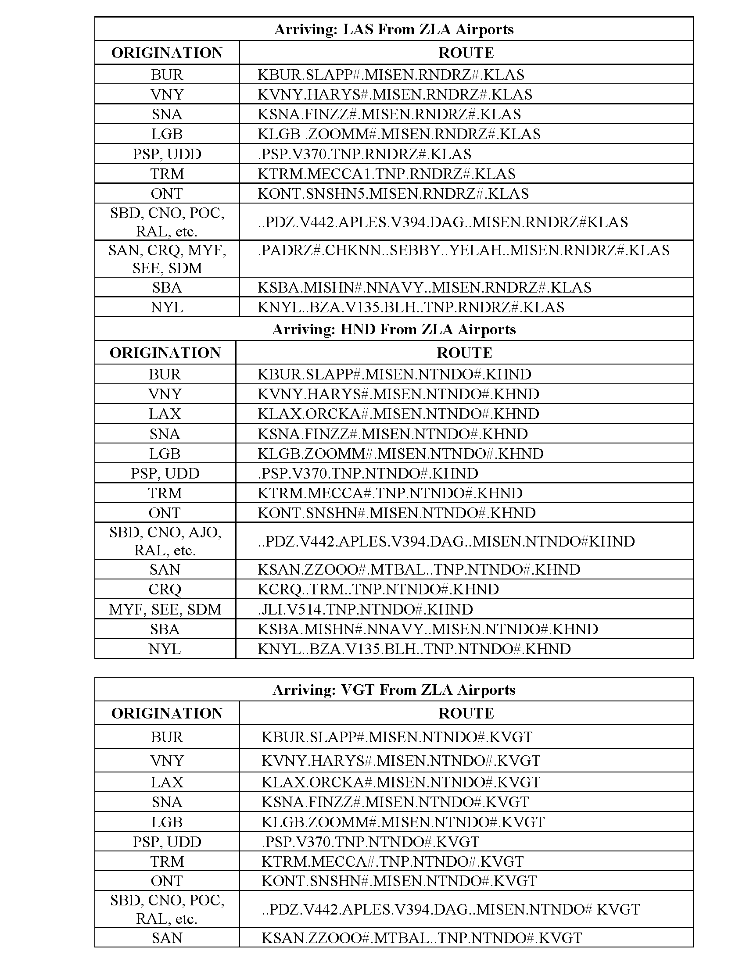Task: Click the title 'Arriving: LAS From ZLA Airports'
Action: point(394,29)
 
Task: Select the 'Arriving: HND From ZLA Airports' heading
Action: point(394,329)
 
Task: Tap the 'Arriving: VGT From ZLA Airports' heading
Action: point(394,690)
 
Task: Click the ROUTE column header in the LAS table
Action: point(466,53)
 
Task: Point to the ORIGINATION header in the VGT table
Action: point(167,713)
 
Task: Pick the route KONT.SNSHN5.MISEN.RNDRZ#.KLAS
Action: point(393,193)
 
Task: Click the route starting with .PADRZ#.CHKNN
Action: point(463,250)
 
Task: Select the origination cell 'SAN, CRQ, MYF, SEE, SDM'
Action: point(167,259)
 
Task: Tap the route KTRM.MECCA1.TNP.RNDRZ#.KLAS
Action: point(387,174)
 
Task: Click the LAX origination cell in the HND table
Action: point(165,414)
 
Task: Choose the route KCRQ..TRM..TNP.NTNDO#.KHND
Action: point(378,589)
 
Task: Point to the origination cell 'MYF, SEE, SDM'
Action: point(165,609)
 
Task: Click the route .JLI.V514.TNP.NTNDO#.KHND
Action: point(365,609)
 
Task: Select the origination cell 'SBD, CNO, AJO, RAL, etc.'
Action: point(165,541)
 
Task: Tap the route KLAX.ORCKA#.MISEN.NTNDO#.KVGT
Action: point(400,782)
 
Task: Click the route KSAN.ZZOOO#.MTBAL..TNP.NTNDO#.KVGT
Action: point(421,938)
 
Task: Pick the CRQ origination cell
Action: point(165,589)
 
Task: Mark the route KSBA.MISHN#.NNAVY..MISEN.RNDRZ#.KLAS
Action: point(424,288)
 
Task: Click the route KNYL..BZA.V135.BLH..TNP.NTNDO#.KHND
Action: point(414,649)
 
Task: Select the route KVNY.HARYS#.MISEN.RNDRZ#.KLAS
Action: point(395,95)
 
